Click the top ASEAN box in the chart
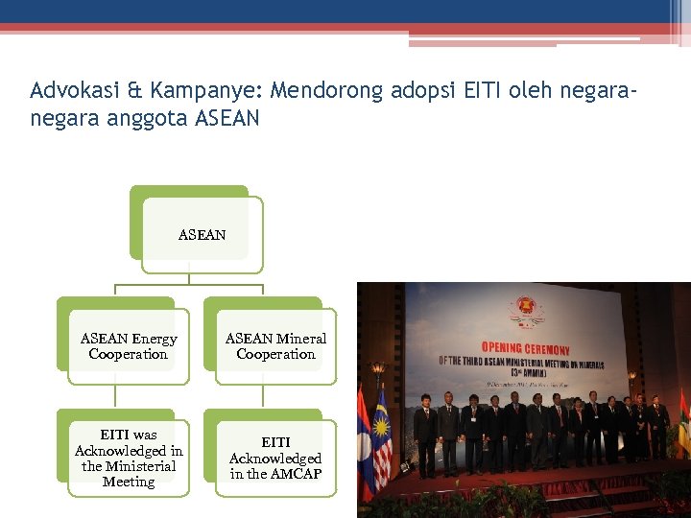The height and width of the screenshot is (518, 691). tap(202, 234)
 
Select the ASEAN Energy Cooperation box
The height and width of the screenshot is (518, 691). tap(128, 346)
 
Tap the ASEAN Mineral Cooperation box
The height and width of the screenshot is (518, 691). tap(275, 346)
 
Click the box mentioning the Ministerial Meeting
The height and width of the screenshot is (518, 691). tap(129, 459)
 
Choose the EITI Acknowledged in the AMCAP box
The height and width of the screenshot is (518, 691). tap(275, 459)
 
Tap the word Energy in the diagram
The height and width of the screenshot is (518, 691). tap(155, 339)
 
